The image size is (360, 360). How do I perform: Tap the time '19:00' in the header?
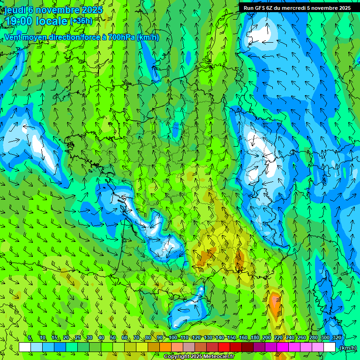[19, 21]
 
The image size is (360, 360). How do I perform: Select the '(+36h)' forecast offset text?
[81, 21]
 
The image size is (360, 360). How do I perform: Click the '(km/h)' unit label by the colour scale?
[347, 347]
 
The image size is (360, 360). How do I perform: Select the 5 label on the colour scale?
[30, 337]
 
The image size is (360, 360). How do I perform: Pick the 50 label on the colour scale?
[113, 337]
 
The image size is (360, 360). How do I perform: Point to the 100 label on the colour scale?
[173, 337]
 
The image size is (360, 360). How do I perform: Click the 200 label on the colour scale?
[267, 337]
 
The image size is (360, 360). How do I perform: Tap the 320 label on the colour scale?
[337, 337]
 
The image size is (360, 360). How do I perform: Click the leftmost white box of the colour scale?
[25, 347]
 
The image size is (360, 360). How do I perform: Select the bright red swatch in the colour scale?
[225, 347]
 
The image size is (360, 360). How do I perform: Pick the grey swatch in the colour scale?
[189, 347]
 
